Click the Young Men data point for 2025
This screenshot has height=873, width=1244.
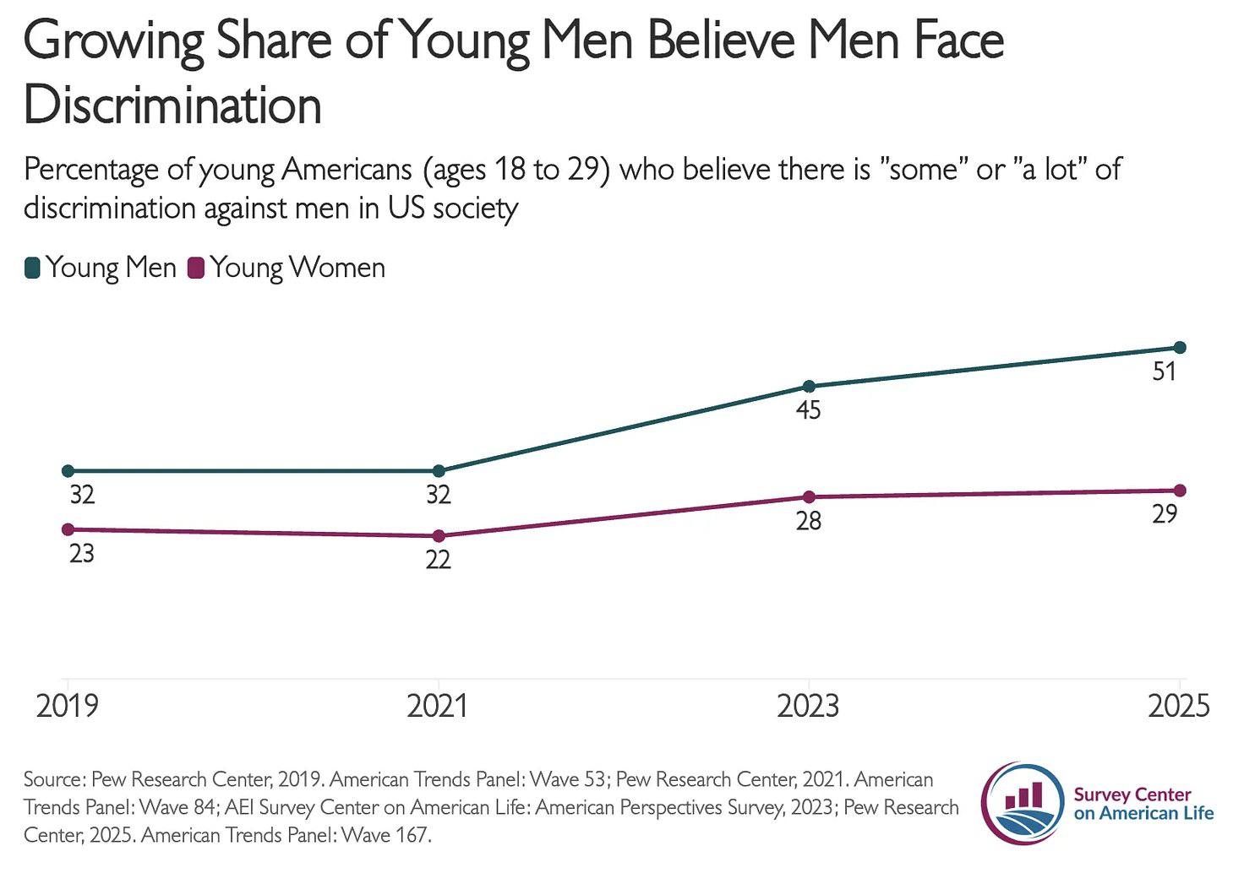tap(1180, 347)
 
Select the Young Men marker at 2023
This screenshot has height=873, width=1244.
tap(809, 387)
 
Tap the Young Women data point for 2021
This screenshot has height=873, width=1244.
tap(439, 536)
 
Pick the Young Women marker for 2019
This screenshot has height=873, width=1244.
tap(68, 529)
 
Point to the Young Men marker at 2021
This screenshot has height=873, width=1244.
tap(439, 471)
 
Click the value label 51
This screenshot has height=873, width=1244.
tap(1165, 371)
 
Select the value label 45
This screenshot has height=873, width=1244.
tap(809, 411)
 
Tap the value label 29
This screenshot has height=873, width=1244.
tap(1165, 514)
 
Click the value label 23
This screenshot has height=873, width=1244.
tap(82, 554)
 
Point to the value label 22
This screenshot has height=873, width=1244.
tap(439, 560)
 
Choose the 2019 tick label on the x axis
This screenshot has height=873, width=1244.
tap(68, 706)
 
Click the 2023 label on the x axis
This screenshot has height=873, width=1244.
tap(809, 706)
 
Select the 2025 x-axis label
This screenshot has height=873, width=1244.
tap(1178, 706)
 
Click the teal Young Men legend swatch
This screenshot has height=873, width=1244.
tap(33, 268)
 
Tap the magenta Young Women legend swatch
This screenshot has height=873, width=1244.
tap(196, 268)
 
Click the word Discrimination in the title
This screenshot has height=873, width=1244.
tap(173, 106)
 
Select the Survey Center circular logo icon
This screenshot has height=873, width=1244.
tap(1023, 803)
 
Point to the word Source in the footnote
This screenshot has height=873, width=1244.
tap(52, 779)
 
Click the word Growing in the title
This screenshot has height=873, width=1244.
tap(114, 42)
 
